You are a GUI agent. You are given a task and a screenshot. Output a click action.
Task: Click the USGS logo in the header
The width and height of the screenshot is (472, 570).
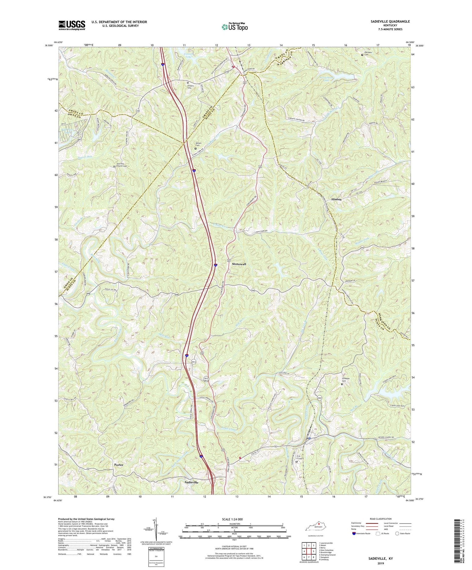72,25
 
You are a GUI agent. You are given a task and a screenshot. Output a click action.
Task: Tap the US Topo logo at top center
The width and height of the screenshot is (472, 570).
234,27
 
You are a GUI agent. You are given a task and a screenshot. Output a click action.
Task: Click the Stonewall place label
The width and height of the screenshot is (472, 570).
239,264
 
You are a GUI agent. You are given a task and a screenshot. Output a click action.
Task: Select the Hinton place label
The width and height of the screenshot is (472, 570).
336,199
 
